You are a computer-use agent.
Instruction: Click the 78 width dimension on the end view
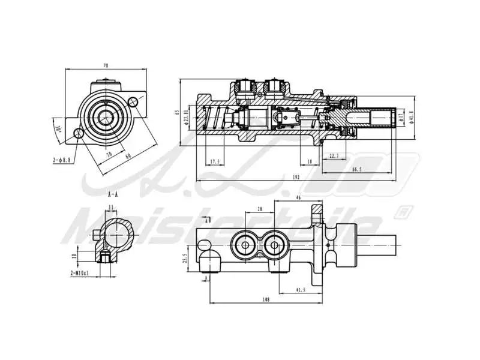106,65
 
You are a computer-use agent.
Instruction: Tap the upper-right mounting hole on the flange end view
133,102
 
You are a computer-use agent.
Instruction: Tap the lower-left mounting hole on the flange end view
78,134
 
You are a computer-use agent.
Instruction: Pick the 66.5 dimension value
356,170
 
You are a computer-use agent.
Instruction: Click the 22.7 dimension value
335,156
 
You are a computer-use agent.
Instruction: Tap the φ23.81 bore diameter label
187,116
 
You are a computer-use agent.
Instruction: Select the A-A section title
112,195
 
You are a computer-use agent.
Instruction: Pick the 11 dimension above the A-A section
110,208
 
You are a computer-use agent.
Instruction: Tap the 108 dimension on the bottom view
266,299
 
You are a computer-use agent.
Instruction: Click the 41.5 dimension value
301,290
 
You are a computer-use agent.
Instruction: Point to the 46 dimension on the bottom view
298,197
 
